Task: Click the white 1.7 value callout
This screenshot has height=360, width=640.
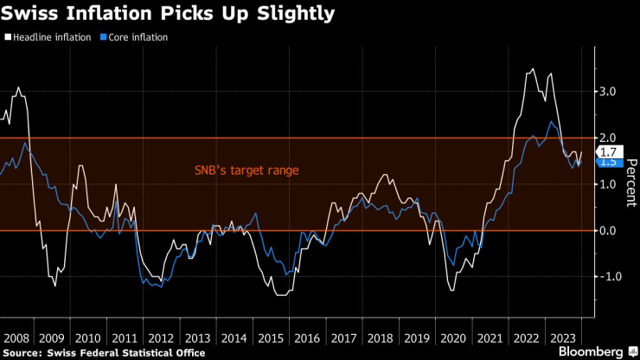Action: [x=607, y=152]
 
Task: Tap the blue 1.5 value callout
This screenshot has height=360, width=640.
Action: [x=607, y=162]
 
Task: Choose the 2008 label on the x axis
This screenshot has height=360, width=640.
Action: [x=18, y=337]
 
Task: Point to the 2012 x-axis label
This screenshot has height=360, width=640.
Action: [x=159, y=337]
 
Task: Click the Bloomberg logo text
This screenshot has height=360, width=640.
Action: [x=591, y=352]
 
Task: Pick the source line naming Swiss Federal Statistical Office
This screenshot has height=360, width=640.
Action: [x=105, y=352]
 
